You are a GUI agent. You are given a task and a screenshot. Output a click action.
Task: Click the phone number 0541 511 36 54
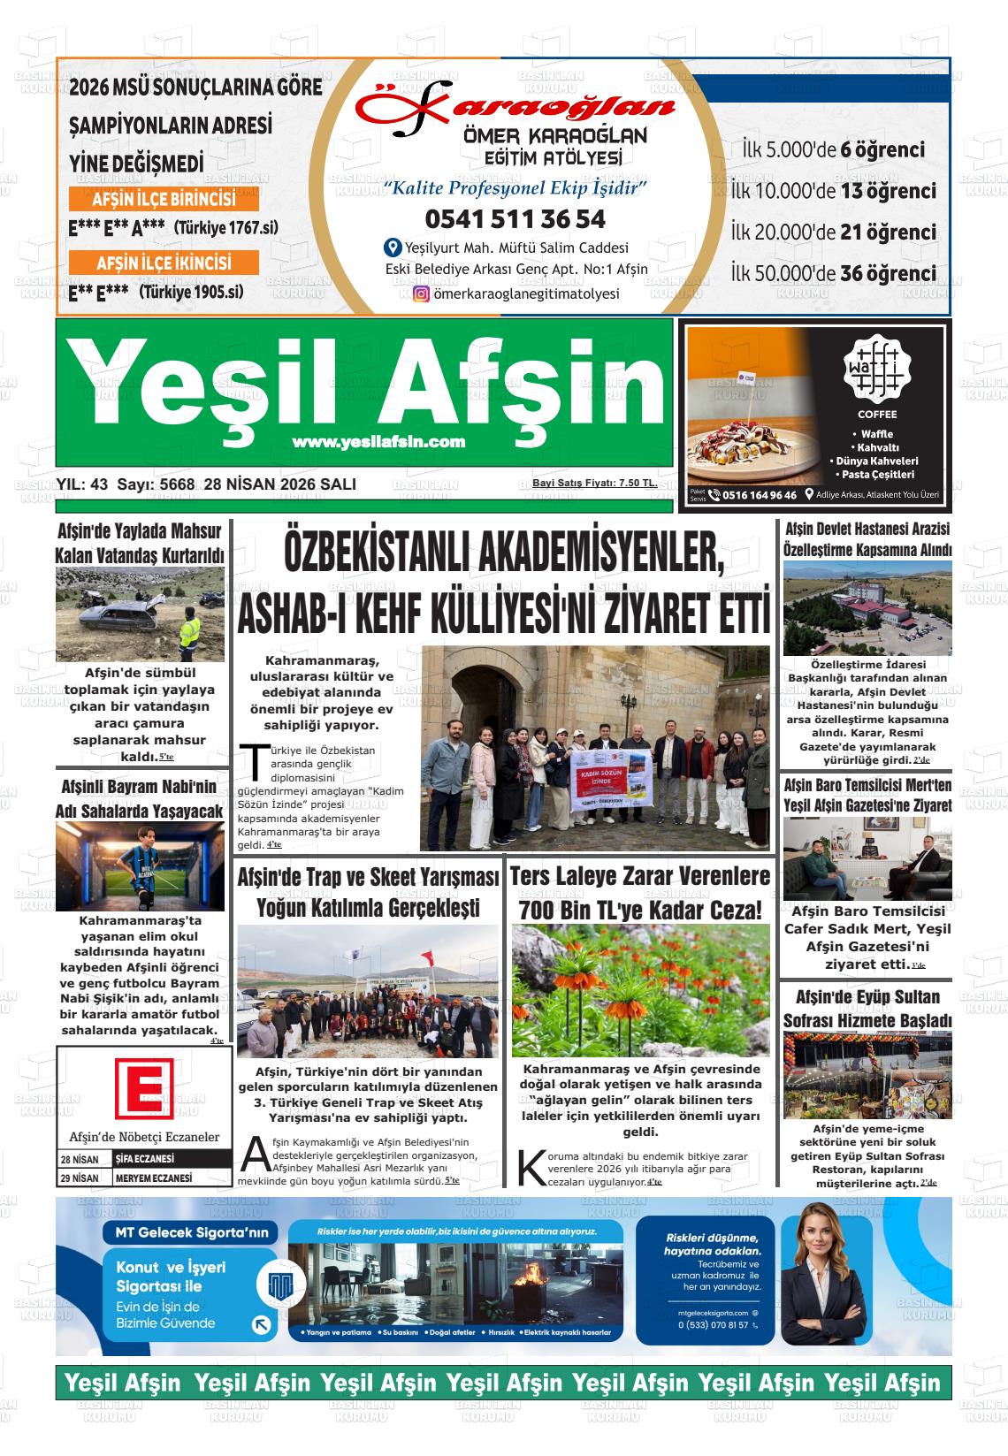click(503, 218)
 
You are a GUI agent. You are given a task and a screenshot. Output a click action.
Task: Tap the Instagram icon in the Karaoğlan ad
click(421, 294)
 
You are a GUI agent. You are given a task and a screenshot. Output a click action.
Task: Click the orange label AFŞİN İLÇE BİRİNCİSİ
click(164, 199)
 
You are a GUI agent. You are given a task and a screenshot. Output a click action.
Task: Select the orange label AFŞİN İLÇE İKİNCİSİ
click(164, 263)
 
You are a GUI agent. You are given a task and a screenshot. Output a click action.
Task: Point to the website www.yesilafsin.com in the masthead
click(378, 442)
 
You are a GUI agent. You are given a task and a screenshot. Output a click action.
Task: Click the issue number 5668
click(179, 484)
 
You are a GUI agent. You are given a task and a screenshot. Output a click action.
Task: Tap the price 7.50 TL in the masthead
click(638, 483)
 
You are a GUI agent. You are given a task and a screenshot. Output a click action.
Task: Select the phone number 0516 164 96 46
click(759, 496)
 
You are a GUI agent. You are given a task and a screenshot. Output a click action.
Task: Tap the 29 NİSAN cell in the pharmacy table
click(80, 1178)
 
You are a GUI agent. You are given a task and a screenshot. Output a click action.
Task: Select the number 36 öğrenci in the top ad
click(887, 273)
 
